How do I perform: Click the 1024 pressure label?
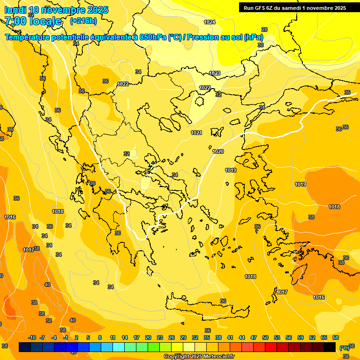point(210,22)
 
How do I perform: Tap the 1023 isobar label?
point(215,73)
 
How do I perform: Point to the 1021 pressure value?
point(196,133)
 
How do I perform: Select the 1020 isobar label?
point(218,151)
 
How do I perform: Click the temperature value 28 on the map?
point(264,30)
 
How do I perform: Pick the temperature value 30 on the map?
point(261,45)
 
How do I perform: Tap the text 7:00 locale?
point(33,21)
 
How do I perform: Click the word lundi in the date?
point(15,10)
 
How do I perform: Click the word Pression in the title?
point(201,37)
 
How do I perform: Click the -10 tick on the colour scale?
point(32,337)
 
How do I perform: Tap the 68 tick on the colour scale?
point(336,337)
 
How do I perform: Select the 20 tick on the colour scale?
point(148,337)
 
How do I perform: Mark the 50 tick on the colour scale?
point(265,337)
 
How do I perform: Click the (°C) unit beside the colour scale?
point(345,347)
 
